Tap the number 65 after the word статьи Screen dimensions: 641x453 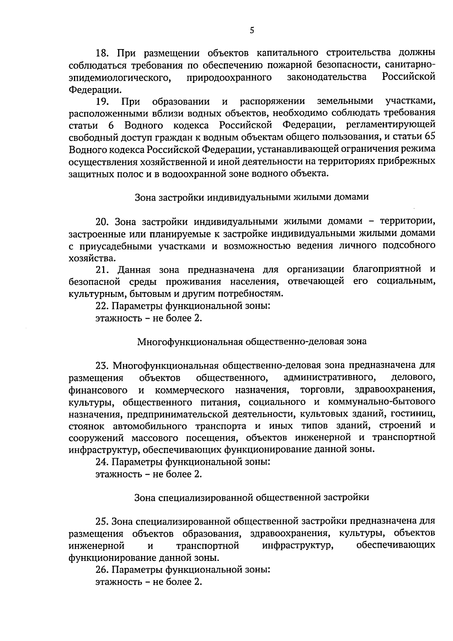430,136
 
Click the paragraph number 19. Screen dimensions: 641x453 102,102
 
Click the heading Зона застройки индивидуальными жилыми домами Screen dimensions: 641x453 252,197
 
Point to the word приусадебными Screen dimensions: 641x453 111,246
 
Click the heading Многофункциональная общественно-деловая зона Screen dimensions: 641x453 252,341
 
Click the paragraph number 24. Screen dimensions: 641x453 102,462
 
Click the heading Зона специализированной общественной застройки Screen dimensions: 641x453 252,497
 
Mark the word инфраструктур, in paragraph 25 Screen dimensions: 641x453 298,545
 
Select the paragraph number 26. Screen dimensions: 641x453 102,570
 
